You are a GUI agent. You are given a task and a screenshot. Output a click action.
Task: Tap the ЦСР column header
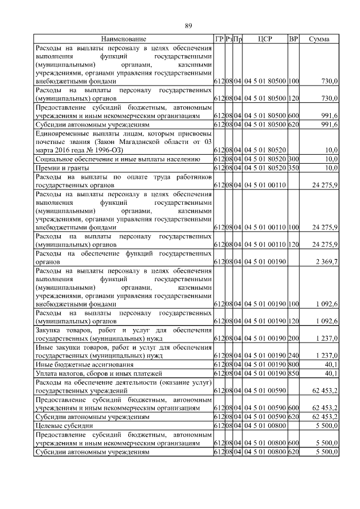click(265, 39)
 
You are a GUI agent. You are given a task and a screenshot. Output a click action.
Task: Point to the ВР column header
click(293, 39)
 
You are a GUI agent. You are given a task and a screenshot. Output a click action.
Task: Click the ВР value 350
click(293, 168)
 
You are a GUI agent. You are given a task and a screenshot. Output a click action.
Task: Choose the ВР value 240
click(293, 356)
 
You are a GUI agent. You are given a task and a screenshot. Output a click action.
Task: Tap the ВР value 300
click(293, 160)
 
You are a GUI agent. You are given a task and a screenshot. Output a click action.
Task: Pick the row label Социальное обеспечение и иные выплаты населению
click(118, 160)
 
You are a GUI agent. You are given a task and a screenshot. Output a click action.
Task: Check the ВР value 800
click(293, 364)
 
